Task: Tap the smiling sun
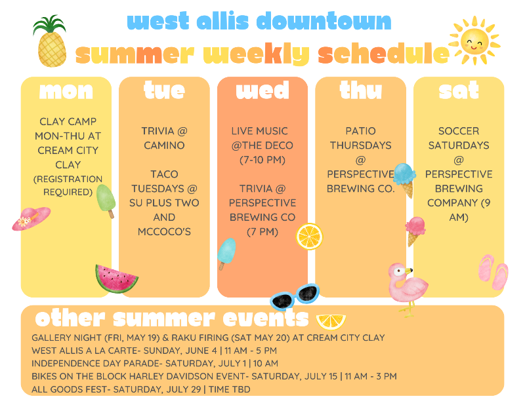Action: (474, 41)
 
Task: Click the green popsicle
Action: (106, 200)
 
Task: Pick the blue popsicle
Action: (226, 253)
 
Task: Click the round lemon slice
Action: (309, 236)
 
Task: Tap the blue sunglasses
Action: (295, 298)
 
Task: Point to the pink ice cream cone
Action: (415, 230)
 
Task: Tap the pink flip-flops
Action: (493, 271)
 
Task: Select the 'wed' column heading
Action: (262, 91)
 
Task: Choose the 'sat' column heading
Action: (458, 91)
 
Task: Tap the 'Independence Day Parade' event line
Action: (155, 363)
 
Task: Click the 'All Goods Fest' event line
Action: (140, 389)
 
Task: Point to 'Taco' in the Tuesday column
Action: (164, 174)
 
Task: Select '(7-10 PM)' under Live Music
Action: (262, 159)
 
